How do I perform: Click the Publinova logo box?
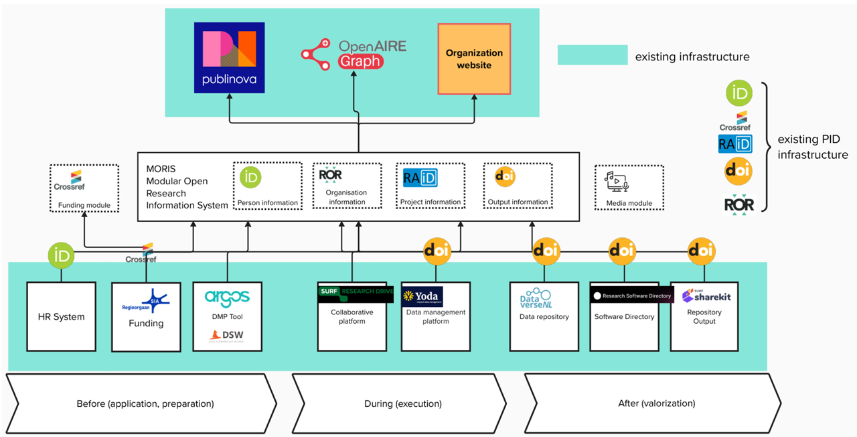[x=229, y=58]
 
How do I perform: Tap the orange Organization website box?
[x=474, y=59]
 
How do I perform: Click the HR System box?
[x=61, y=316]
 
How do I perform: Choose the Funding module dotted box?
[x=84, y=188]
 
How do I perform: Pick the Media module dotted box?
[x=629, y=188]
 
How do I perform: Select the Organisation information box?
[x=347, y=186]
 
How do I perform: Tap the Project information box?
[x=430, y=186]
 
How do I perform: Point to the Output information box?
[x=518, y=186]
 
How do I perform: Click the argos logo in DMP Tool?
[x=227, y=298]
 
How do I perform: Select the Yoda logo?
[x=422, y=296]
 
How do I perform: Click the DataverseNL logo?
[x=544, y=298]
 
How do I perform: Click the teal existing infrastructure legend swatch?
[x=592, y=55]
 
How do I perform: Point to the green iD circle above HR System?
[x=61, y=255]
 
